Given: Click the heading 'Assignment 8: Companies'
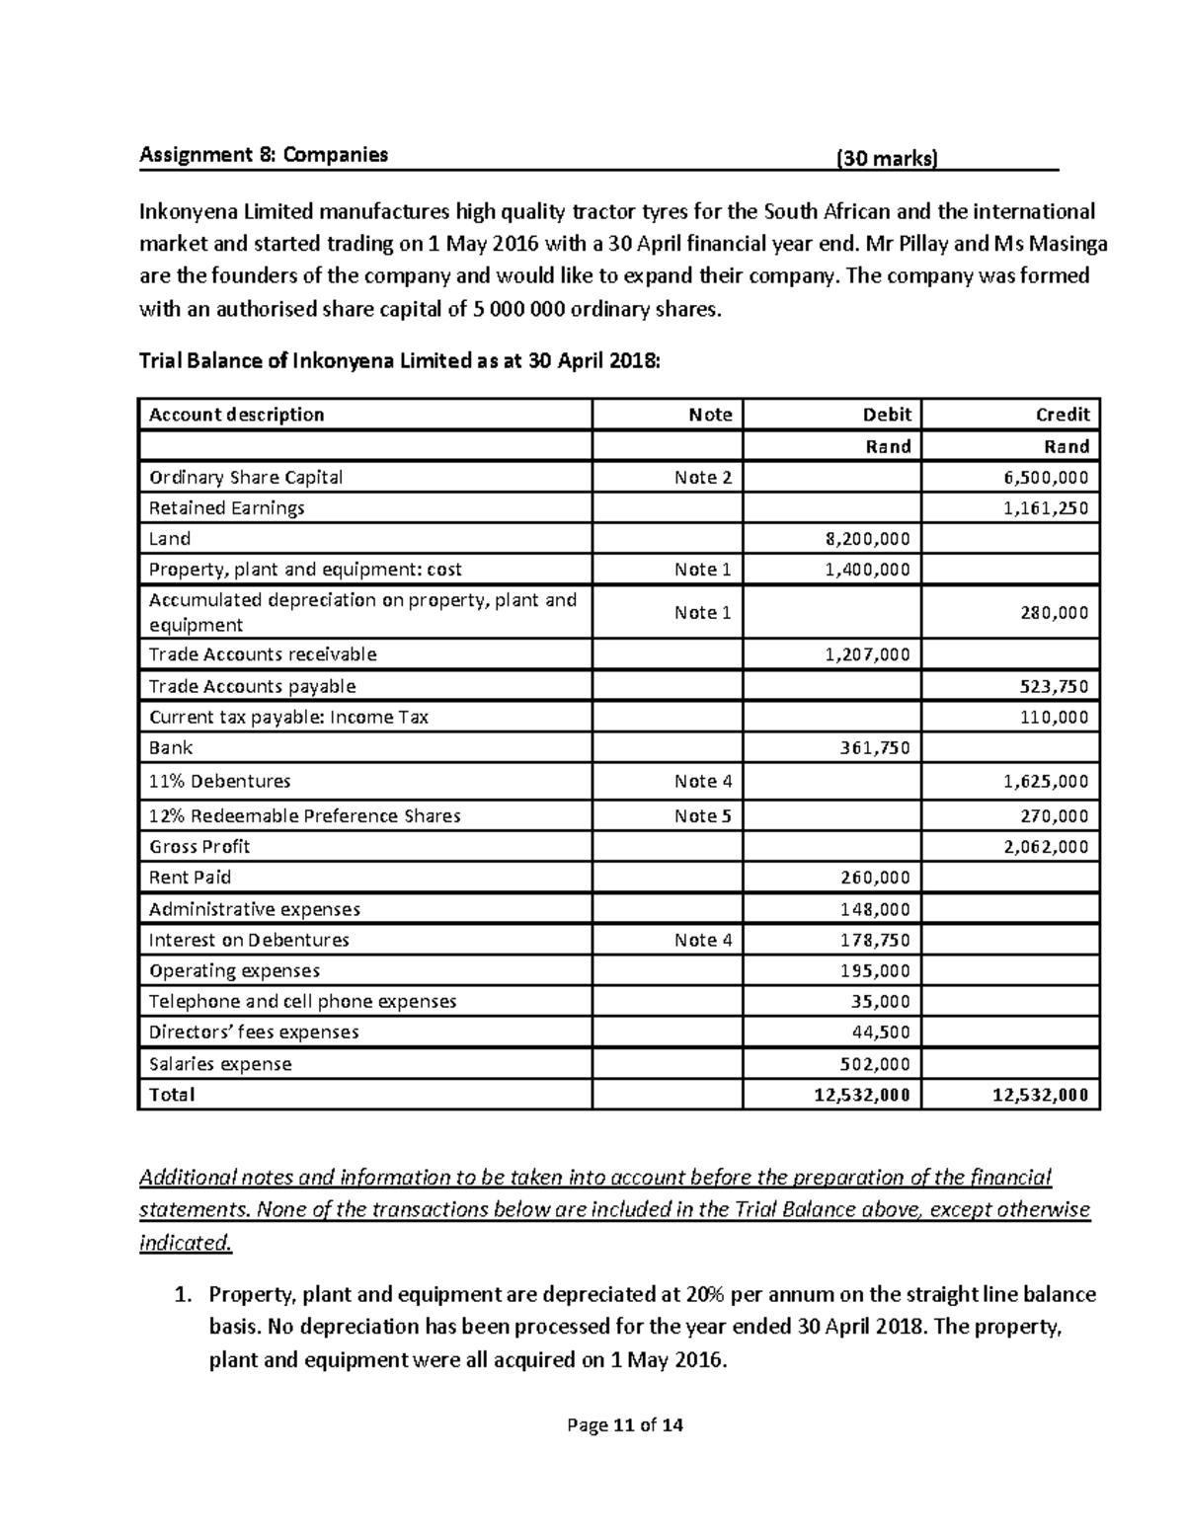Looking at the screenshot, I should point(264,155).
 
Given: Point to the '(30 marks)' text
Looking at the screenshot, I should point(887,158).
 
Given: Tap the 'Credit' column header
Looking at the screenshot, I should point(1063,415).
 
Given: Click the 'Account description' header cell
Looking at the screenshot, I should point(236,415).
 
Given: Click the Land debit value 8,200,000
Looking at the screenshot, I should point(867,539).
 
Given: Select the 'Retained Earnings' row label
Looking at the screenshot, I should point(226,508).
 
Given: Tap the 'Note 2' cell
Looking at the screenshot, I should point(702,478).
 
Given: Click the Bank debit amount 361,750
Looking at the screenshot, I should point(875,748).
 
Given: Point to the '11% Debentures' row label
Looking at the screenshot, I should point(219,781).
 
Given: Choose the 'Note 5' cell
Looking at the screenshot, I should point(702,816).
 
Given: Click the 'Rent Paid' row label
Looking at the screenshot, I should point(190,878).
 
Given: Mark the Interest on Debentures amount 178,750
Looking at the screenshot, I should point(875,940).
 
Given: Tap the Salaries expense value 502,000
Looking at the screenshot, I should point(875,1064).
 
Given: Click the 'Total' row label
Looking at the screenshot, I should point(172,1095).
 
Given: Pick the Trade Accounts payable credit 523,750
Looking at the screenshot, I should point(1053,687).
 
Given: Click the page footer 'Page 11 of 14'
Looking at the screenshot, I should point(624,1425).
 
